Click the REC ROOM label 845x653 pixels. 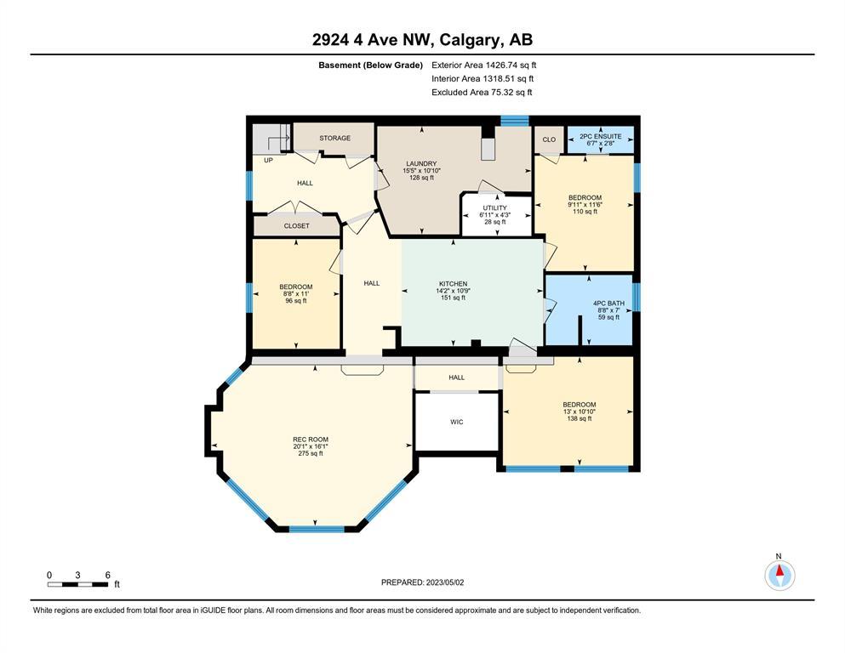[x=311, y=440]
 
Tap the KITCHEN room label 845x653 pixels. [x=453, y=284]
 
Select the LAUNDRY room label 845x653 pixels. [x=421, y=163]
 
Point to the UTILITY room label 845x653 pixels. [x=494, y=207]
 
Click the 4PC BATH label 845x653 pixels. [x=608, y=304]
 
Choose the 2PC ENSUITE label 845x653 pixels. [x=600, y=137]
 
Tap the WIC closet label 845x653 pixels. [x=456, y=422]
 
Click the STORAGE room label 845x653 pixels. [x=334, y=139]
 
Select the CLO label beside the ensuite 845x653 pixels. [x=549, y=139]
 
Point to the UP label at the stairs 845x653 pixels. [x=268, y=161]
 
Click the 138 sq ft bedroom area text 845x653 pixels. [x=580, y=418]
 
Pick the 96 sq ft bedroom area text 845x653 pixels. [x=296, y=301]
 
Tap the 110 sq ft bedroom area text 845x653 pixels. [x=585, y=212]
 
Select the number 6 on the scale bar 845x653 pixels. [x=108, y=575]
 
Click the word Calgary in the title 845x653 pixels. [x=468, y=40]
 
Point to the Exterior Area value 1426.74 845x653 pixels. [x=503, y=65]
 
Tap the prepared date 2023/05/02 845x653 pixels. [x=444, y=582]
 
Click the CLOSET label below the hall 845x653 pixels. [x=296, y=226]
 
